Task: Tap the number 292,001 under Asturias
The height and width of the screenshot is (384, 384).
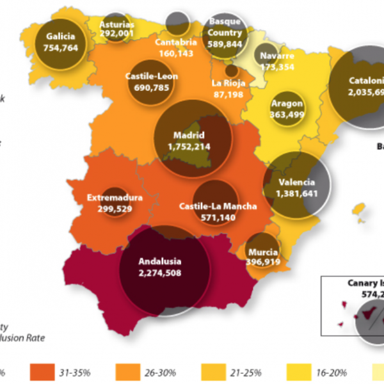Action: tap(116, 34)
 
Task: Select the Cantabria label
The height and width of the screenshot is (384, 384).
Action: tap(175, 44)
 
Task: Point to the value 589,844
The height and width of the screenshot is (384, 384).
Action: tap(225, 44)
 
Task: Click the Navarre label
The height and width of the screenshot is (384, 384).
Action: tap(277, 56)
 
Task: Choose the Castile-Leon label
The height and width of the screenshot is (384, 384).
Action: tap(151, 76)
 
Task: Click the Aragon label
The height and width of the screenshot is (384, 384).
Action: tap(287, 104)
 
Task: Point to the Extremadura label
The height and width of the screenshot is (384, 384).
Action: tap(115, 197)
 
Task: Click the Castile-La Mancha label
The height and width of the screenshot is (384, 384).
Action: tap(218, 206)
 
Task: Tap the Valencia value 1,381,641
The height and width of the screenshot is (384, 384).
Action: tap(297, 193)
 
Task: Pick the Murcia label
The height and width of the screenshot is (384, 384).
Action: tap(263, 252)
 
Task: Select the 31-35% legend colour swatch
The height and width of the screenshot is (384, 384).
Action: tap(42, 372)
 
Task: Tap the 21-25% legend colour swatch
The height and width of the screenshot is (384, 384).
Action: tap(214, 372)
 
